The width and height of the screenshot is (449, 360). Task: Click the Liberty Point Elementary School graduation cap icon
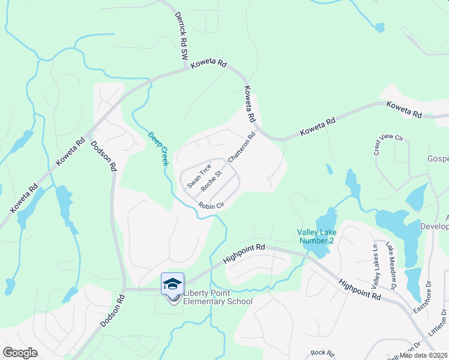point(172,283)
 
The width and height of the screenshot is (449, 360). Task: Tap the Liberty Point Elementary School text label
point(217,297)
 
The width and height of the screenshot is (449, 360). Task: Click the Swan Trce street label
point(199,176)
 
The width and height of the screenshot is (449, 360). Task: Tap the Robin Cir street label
point(211,206)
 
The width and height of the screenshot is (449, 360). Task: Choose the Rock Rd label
point(321,353)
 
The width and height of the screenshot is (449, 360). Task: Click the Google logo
point(20,353)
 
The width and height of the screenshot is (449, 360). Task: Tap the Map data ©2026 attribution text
point(423,355)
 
